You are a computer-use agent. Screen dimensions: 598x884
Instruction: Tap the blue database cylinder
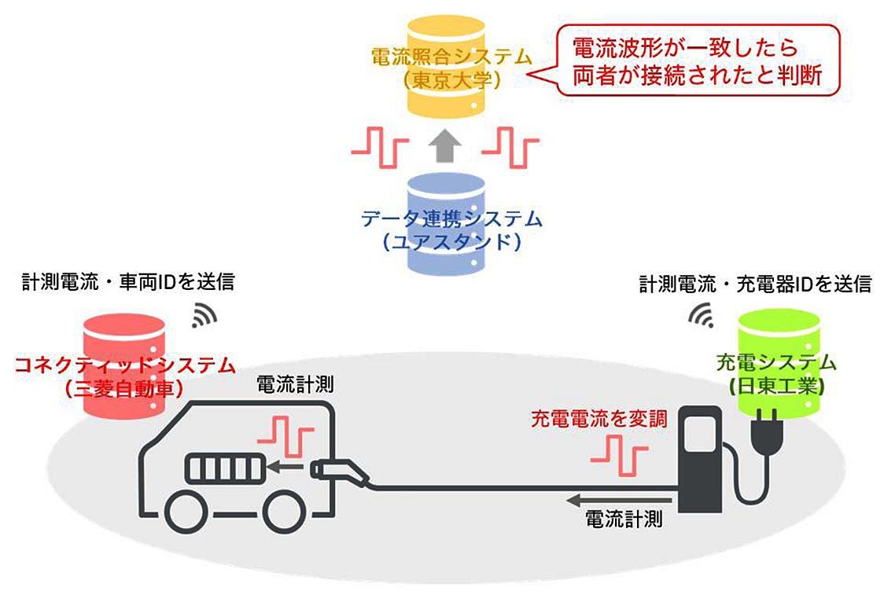point(444,225)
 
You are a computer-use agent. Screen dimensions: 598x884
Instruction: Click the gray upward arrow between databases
point(444,145)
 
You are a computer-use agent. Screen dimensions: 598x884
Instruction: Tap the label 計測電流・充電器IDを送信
point(755,283)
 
